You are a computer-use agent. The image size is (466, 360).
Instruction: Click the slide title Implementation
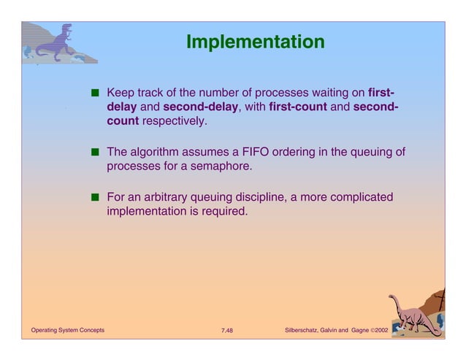255,42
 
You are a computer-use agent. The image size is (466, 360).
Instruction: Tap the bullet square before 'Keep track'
96,94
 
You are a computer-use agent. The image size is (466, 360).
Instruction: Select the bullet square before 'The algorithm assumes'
96,153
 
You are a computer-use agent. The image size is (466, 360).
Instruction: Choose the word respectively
175,121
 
